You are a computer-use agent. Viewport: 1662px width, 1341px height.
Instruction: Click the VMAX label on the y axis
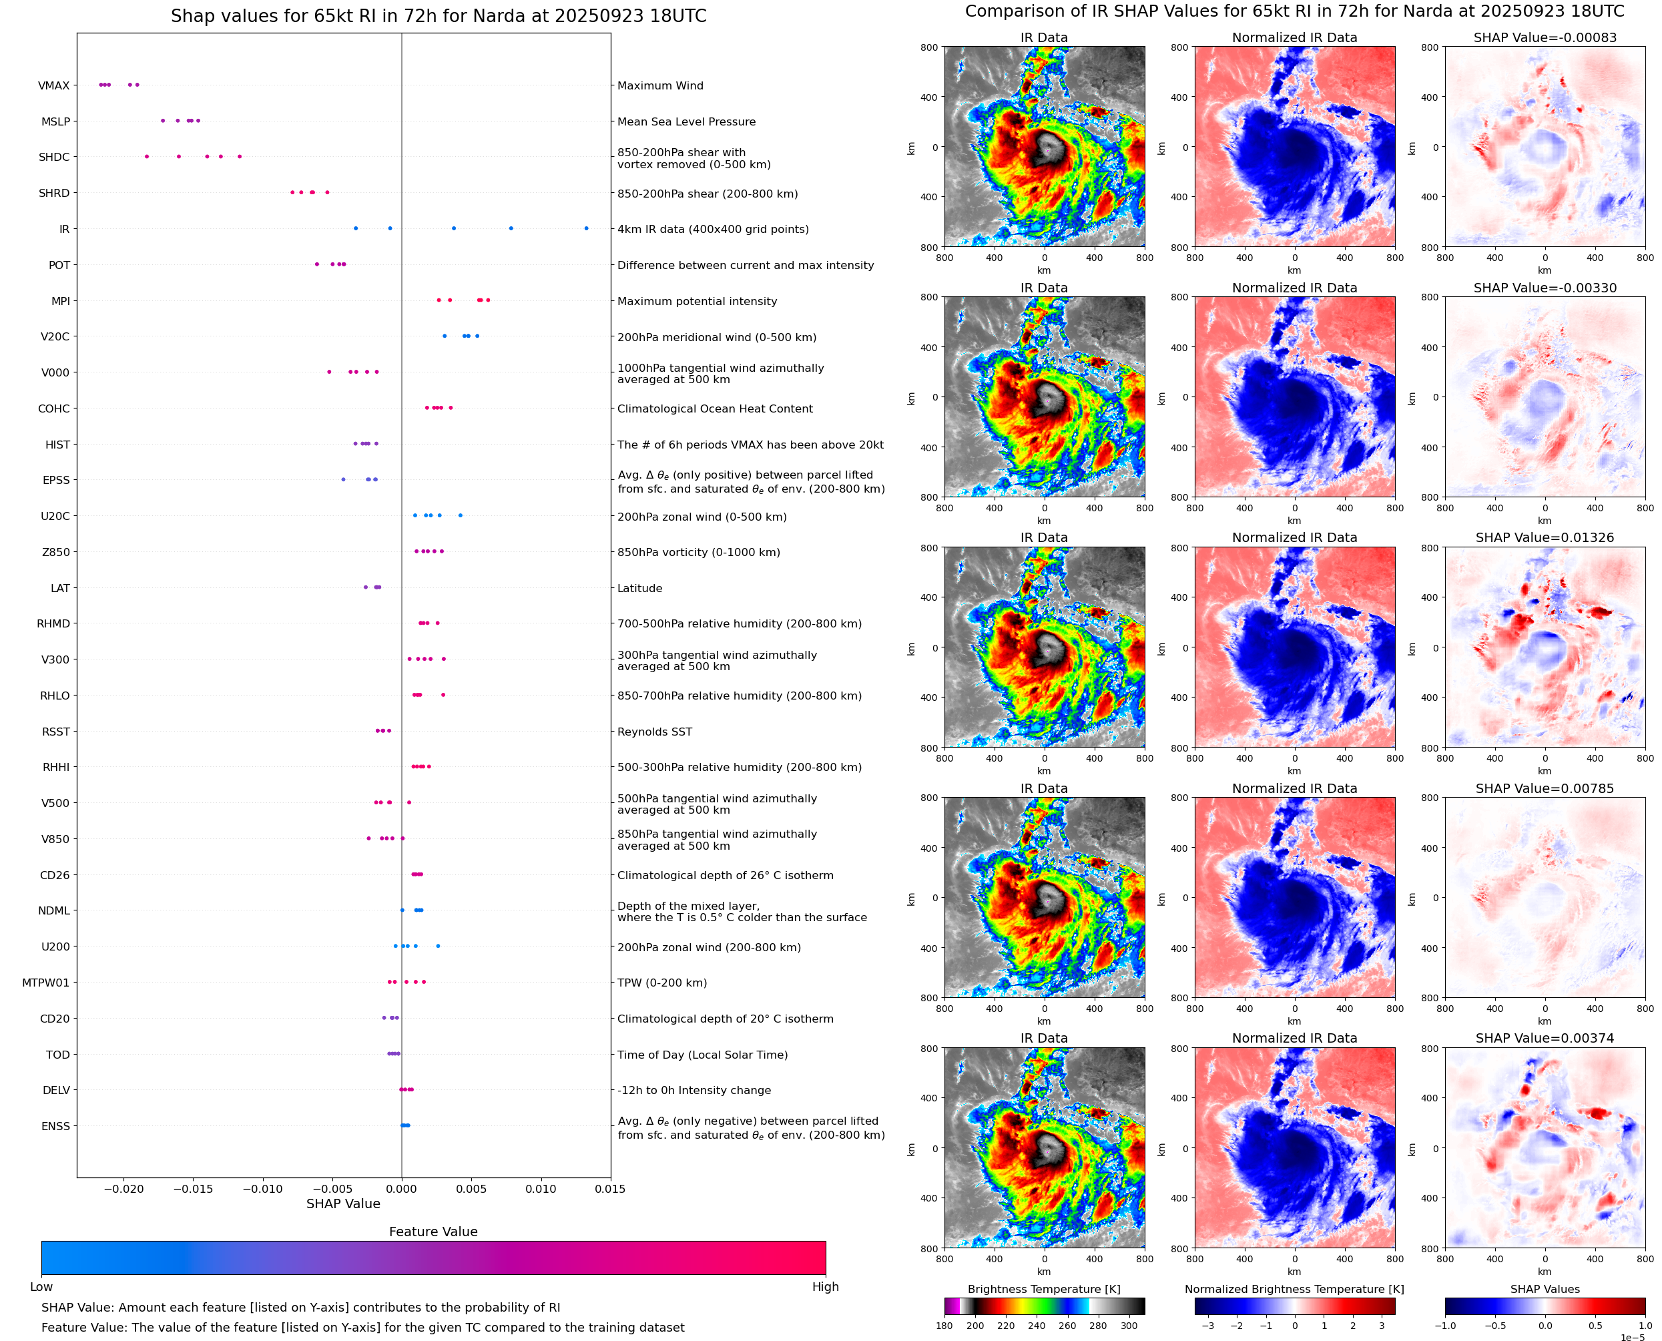point(53,85)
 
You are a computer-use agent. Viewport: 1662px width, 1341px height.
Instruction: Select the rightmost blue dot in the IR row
point(586,229)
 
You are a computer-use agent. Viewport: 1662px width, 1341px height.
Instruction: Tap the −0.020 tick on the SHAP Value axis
point(123,1189)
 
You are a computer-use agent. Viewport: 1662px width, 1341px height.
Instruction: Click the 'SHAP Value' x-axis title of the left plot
point(343,1203)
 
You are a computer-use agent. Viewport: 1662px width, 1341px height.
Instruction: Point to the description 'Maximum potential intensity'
point(697,301)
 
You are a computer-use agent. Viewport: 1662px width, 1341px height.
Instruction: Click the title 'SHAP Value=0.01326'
point(1544,537)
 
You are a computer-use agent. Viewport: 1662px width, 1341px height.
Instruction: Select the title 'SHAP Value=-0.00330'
point(1544,288)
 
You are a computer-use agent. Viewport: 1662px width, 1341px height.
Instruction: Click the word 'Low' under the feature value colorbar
point(41,1287)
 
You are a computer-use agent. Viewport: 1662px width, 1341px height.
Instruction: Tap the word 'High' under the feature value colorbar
point(825,1287)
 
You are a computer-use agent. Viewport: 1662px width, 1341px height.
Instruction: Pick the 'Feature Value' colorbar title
point(433,1232)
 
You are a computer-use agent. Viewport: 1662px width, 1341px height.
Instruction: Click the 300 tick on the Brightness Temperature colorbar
point(1129,1326)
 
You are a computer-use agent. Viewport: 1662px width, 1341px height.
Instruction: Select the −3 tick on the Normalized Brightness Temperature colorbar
point(1208,1326)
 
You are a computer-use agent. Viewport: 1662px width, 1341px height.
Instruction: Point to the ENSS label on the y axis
point(55,1126)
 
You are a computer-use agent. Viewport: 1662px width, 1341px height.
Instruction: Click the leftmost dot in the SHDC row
point(147,157)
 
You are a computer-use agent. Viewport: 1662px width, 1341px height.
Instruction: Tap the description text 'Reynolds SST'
point(654,732)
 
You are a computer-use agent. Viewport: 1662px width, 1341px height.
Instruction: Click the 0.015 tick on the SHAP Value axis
point(610,1189)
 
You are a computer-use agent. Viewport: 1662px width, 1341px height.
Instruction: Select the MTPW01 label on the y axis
point(45,983)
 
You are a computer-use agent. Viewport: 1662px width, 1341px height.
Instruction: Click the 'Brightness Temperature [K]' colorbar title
point(1043,1289)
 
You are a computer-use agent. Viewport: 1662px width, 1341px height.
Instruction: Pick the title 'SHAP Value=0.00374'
point(1544,1038)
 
